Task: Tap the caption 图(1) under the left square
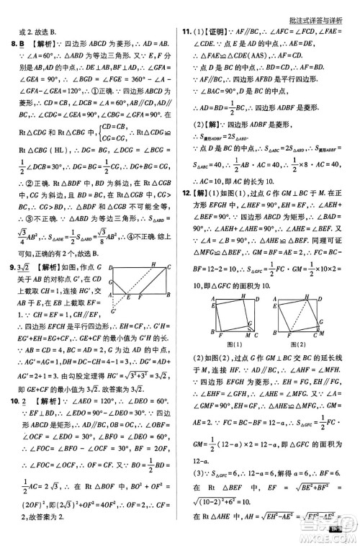click(x=217, y=345)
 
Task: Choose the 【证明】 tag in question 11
click(x=213, y=32)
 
